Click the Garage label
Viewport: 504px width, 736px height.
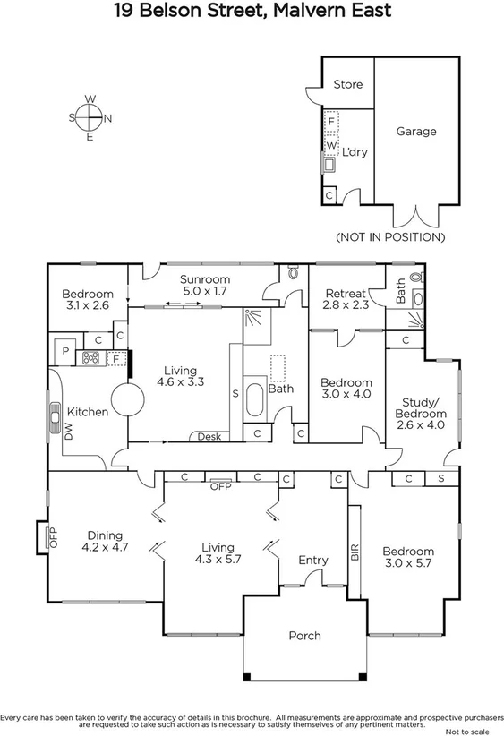point(416,132)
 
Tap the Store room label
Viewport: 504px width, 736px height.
point(348,84)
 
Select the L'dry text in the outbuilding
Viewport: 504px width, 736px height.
point(355,152)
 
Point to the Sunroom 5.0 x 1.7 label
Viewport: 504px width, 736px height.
point(205,285)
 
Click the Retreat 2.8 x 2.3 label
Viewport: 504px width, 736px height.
point(345,299)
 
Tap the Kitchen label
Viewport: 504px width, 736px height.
point(87,412)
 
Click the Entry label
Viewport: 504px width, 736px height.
point(313,561)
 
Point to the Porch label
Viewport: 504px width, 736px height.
point(304,636)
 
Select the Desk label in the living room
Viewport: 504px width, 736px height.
point(209,436)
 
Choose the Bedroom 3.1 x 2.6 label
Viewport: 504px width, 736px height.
point(87,300)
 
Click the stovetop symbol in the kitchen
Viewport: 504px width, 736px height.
point(90,358)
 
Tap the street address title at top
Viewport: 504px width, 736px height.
point(252,12)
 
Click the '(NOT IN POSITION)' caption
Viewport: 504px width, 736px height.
point(390,237)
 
